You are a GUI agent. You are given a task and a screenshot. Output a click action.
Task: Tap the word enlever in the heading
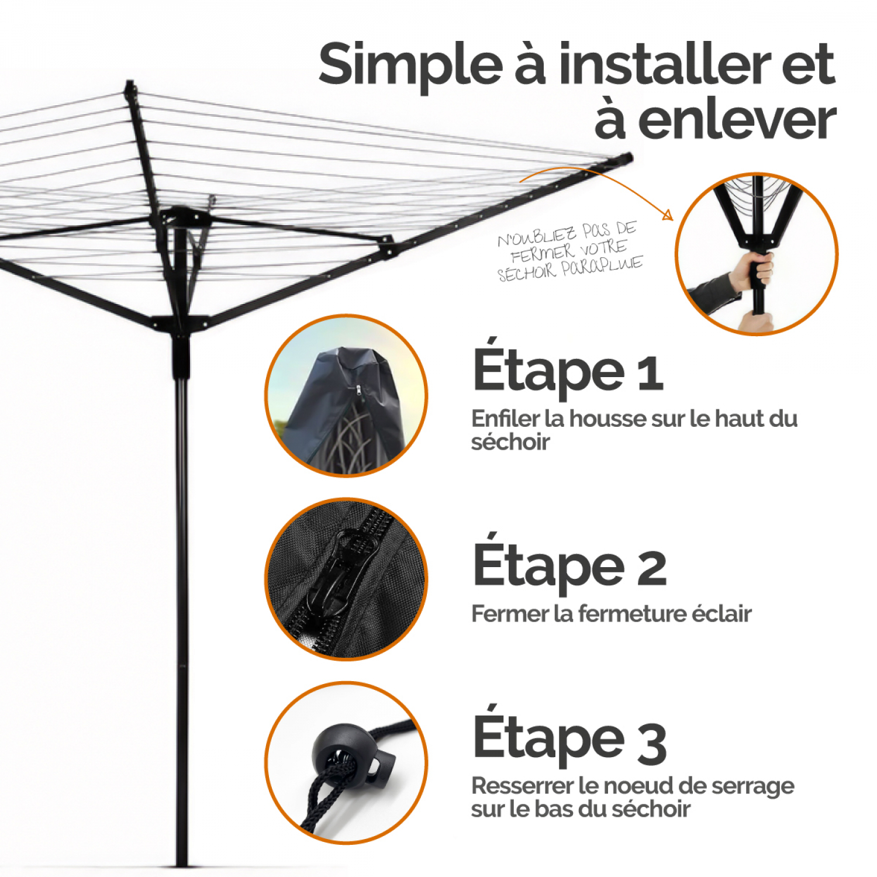[x=737, y=120]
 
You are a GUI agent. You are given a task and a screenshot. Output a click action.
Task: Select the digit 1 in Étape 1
[x=650, y=374]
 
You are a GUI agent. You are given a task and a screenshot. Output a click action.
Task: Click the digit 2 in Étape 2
[x=651, y=568]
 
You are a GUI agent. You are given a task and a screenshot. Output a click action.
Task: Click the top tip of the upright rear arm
[x=130, y=84]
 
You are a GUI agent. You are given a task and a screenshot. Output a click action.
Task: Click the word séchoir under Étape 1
[x=510, y=443]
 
